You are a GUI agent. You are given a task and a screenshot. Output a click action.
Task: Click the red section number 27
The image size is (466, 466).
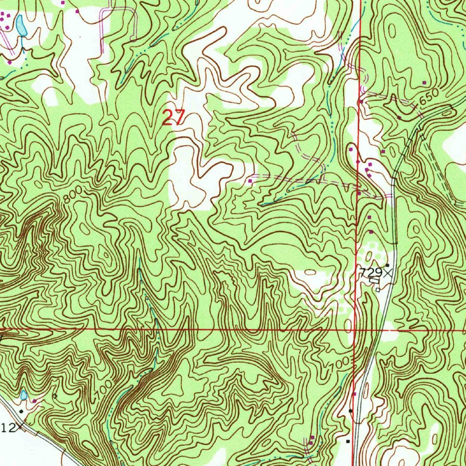point(173,118)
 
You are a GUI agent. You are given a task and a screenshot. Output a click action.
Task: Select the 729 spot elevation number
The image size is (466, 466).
point(369,273)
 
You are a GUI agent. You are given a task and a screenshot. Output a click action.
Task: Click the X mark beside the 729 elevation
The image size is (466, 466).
point(387,273)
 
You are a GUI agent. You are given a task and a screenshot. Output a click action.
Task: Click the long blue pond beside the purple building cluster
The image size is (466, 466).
point(20,25)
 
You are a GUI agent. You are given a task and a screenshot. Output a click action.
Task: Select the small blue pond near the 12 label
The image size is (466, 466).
point(24,395)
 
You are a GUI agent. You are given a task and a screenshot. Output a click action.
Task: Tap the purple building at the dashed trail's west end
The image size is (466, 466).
point(250,181)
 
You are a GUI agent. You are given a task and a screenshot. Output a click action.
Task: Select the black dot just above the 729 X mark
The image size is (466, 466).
point(387,265)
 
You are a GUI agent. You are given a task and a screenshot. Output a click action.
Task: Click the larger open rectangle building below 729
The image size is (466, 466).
point(374,281)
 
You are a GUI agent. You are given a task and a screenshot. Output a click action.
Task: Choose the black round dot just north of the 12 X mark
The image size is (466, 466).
point(20,411)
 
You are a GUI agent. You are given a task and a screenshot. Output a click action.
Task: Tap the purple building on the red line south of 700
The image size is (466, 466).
point(354,394)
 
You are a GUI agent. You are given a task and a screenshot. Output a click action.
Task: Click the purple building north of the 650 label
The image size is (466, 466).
point(424,82)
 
